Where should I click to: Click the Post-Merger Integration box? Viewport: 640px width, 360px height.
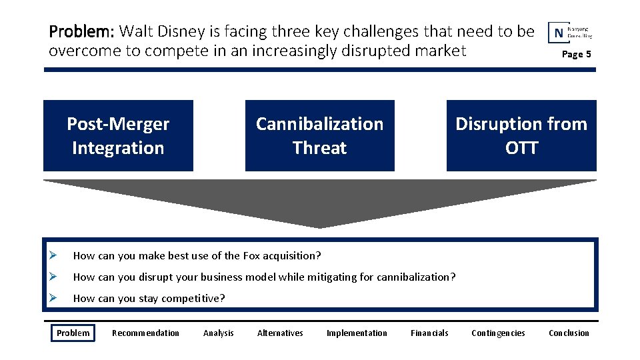(118, 136)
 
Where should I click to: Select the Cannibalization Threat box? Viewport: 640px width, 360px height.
(319, 136)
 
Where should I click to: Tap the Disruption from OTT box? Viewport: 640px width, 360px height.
(521, 136)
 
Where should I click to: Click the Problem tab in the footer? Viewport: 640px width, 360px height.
(73, 333)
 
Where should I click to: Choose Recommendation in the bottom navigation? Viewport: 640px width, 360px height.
(145, 333)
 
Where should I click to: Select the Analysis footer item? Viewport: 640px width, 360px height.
(219, 333)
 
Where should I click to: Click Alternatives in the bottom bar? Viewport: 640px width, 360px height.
(280, 333)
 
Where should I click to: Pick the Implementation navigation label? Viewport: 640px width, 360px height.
(357, 333)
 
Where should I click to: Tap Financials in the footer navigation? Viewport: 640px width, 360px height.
(429, 333)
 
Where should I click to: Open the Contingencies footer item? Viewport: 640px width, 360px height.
(498, 333)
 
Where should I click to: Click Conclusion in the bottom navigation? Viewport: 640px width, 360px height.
(569, 333)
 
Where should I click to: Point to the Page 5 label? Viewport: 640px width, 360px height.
(576, 54)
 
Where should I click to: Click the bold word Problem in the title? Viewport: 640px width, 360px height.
(82, 31)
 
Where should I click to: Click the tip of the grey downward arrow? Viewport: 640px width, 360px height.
(320, 226)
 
